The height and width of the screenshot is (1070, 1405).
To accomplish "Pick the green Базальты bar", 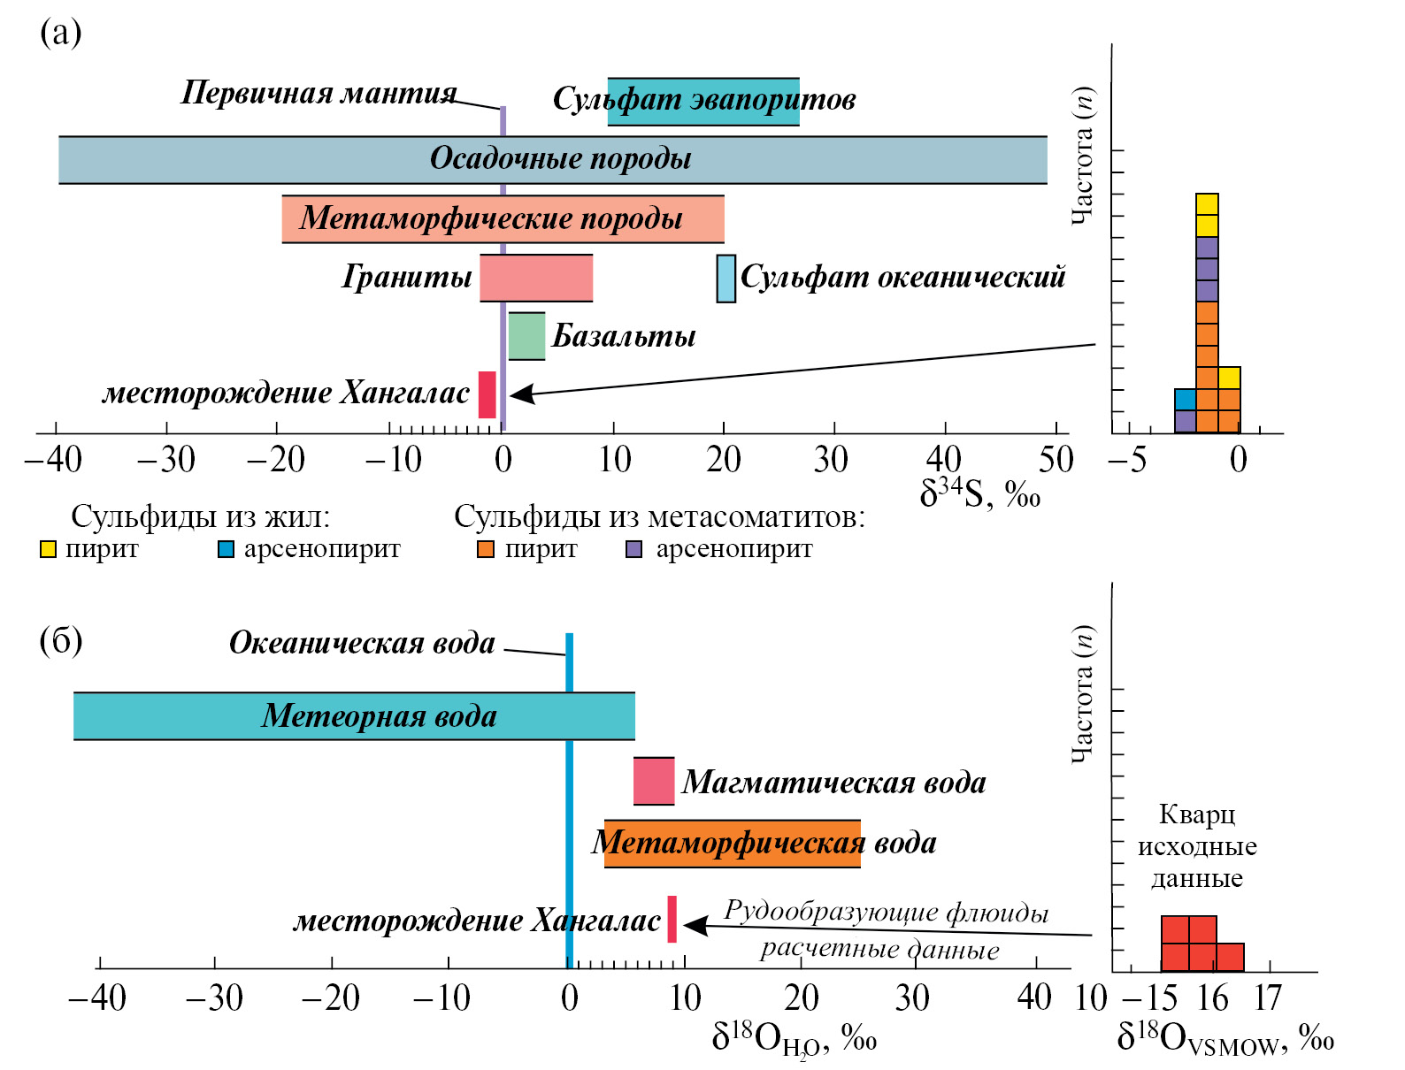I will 526,336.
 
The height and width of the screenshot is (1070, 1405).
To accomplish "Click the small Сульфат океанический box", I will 726,279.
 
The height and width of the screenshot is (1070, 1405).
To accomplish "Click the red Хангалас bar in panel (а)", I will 487,394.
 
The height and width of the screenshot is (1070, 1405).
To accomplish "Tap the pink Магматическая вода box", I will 654,781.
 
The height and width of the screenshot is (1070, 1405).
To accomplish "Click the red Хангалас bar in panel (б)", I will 672,919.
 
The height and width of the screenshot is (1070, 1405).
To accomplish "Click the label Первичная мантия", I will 319,93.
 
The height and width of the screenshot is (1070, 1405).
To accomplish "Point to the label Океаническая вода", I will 362,643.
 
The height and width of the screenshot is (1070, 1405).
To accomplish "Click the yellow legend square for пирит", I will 49,550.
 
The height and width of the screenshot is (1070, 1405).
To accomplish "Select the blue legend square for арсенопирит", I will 226,550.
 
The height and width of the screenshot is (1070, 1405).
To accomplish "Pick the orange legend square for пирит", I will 486,550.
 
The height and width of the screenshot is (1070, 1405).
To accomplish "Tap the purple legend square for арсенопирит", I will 634,550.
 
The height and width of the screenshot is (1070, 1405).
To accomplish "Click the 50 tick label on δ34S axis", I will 1056,460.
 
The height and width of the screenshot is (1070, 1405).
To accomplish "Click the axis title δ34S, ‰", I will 979,494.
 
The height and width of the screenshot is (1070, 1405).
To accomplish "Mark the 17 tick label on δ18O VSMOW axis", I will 1268,998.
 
